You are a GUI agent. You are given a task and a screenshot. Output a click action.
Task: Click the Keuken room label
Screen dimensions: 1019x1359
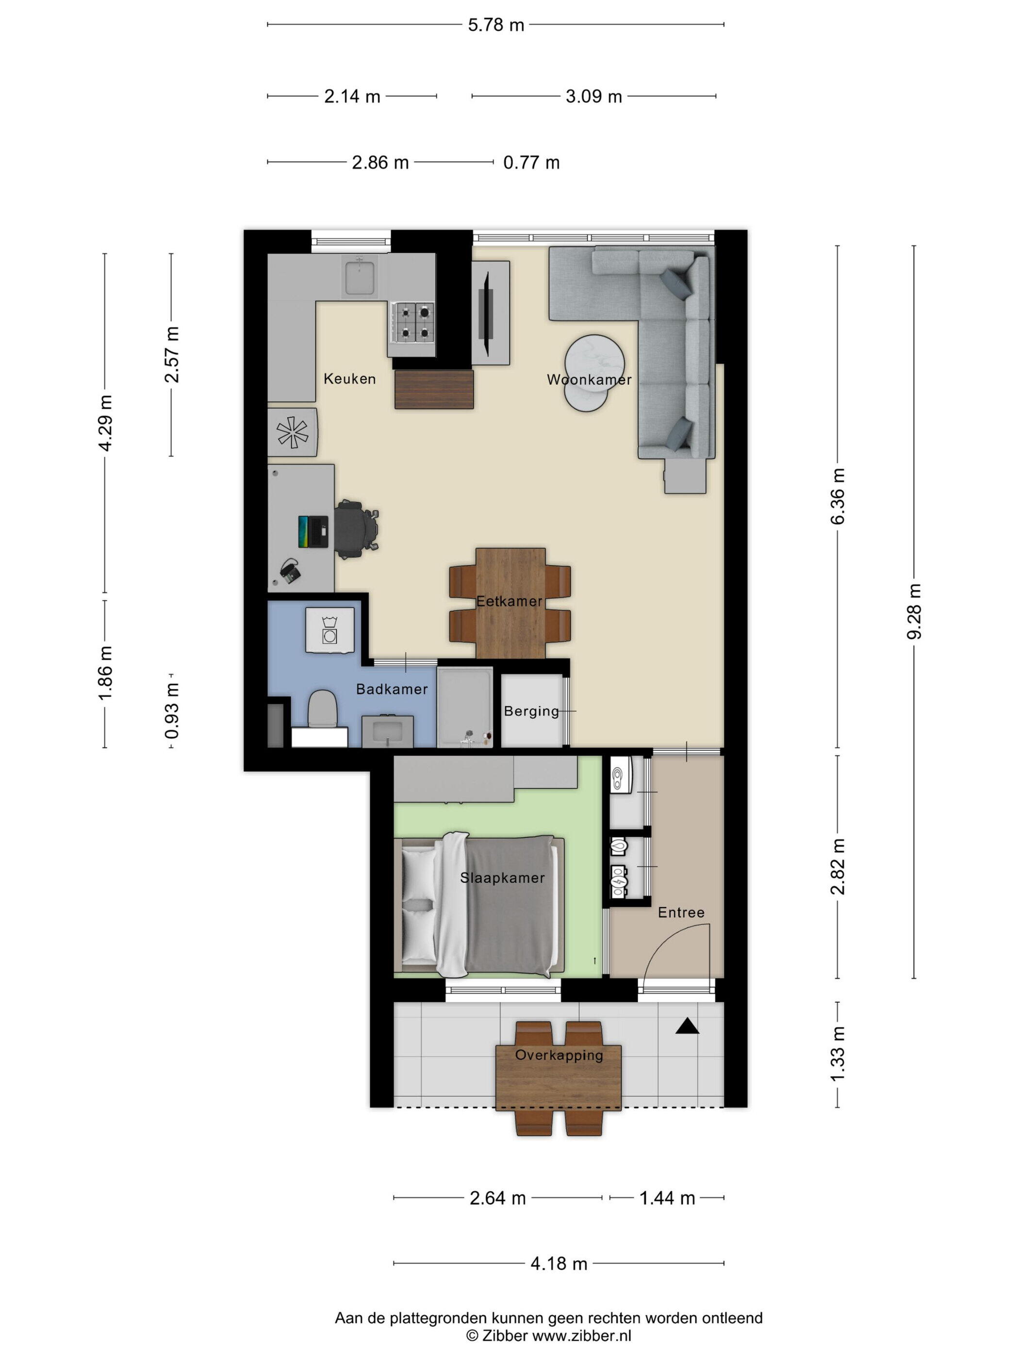coord(349,379)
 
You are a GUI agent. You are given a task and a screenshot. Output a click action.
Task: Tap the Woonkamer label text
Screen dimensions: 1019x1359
coord(589,380)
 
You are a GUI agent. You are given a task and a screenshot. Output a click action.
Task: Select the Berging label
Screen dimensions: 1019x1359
coord(531,711)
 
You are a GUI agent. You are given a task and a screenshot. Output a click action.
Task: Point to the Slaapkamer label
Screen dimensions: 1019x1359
coord(502,878)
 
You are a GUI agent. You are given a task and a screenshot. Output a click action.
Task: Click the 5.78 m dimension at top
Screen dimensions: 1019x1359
coord(496,25)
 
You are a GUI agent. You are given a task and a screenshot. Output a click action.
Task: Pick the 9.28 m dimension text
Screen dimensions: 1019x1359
coord(914,611)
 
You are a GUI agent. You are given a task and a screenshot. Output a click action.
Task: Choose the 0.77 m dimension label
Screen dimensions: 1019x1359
coord(531,163)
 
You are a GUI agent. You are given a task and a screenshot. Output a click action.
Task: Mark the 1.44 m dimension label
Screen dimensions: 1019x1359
coord(667,1197)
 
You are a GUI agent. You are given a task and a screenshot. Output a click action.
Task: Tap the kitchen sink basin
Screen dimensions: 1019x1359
coord(361,278)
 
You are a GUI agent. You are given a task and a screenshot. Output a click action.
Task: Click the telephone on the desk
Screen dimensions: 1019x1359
coord(290,571)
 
